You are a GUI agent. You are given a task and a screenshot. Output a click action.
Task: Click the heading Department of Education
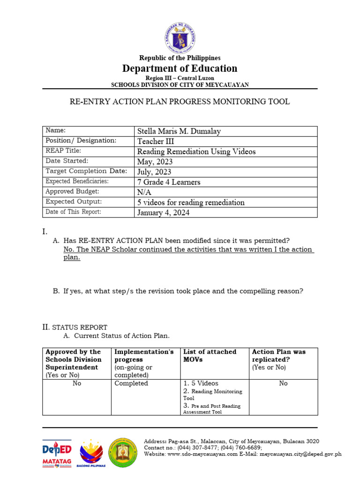coord(180,68)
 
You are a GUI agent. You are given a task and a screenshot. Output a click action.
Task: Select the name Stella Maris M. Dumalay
coord(179,131)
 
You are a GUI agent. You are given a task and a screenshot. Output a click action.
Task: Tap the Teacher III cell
coord(150,142)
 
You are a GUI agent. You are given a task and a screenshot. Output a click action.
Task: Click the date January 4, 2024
coord(163,212)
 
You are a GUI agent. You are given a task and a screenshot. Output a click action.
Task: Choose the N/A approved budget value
coord(144,192)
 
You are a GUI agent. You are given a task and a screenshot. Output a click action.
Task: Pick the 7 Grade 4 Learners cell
coord(168,182)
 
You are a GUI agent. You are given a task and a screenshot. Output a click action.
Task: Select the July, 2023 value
coord(154,172)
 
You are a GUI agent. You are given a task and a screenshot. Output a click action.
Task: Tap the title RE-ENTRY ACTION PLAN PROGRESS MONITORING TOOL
coord(180,102)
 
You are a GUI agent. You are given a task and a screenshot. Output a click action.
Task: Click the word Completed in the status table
coord(131,383)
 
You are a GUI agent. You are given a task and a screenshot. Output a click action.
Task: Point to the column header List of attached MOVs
coord(210,355)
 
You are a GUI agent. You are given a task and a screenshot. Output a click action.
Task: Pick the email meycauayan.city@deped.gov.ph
coord(300,454)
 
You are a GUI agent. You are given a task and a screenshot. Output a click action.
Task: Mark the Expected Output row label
coord(73,202)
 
